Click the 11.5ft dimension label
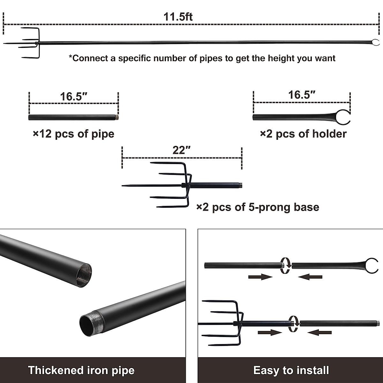[x=178, y=17]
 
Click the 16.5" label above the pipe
[x=73, y=96]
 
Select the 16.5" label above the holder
[x=302, y=95]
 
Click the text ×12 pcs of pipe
[x=73, y=134]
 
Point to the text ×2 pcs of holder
[x=303, y=134]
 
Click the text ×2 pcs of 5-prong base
[x=258, y=207]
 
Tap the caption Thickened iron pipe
[x=81, y=370]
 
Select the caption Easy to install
[x=291, y=370]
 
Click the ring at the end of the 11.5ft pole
[x=376, y=42]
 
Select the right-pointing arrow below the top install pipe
[x=260, y=277]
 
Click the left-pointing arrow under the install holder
[x=310, y=277]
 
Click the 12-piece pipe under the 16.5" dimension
[x=73, y=117]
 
